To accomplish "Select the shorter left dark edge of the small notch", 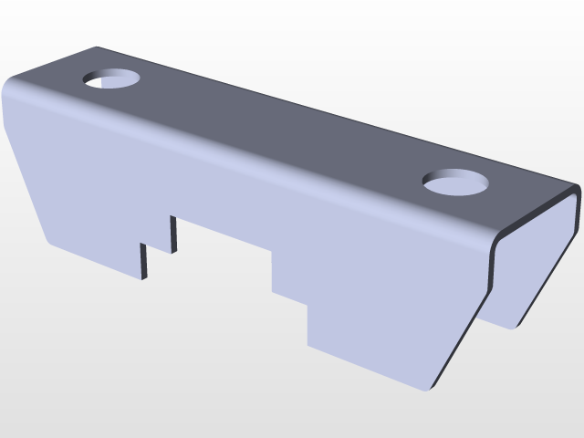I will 143,261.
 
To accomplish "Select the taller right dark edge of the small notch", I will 172,234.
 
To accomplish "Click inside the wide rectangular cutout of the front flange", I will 224,260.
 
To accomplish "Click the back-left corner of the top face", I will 96,47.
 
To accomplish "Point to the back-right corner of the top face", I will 577,188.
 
